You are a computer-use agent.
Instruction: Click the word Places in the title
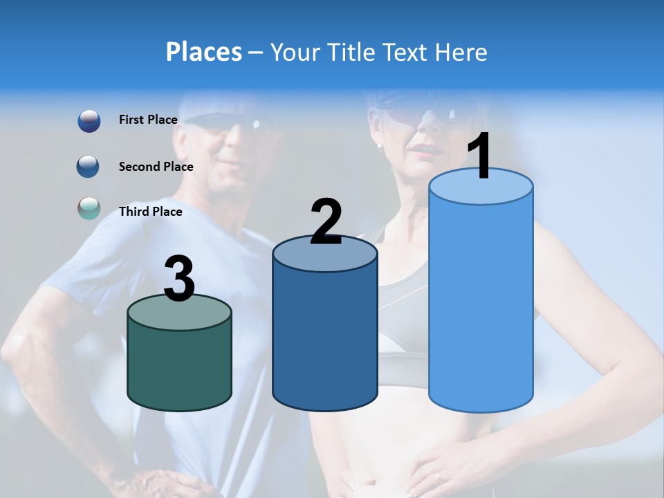pos(203,52)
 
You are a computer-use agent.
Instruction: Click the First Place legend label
pos(148,120)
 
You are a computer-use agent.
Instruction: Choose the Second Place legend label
pos(156,166)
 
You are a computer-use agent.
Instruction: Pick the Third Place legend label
pos(150,212)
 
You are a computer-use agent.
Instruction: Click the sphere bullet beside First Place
pos(89,121)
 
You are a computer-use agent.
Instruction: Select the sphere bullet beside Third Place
pos(89,209)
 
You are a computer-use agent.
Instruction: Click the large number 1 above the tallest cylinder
pos(479,157)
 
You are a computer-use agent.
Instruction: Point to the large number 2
pos(326,223)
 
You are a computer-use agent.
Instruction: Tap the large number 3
pos(180,279)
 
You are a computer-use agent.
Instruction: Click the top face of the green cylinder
pos(180,313)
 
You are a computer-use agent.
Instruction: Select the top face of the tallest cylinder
pos(481,187)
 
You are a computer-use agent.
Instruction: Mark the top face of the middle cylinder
pos(325,255)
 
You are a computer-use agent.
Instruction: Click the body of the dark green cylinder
pos(180,367)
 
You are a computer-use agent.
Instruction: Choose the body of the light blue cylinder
pos(481,304)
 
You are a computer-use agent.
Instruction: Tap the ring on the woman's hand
pos(439,477)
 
